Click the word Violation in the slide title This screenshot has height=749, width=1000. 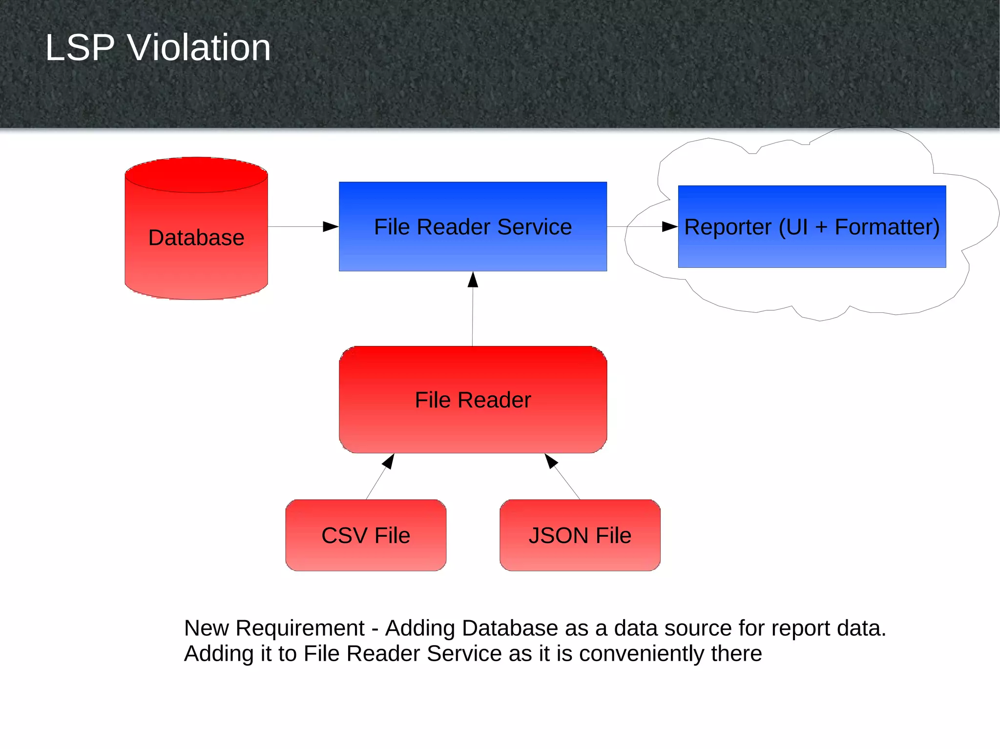[199, 48]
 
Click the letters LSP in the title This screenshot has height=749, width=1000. [80, 48]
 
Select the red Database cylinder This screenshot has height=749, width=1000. [196, 244]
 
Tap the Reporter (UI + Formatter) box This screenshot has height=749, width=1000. [812, 249]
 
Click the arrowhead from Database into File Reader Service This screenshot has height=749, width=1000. [331, 226]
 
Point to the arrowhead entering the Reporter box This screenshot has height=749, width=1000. [669, 226]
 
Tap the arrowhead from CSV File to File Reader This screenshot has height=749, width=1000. [389, 461]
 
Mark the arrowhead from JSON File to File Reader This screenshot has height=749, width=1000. [550, 461]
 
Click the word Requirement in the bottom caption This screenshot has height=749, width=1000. [300, 628]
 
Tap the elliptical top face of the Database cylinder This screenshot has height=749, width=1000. [196, 175]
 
